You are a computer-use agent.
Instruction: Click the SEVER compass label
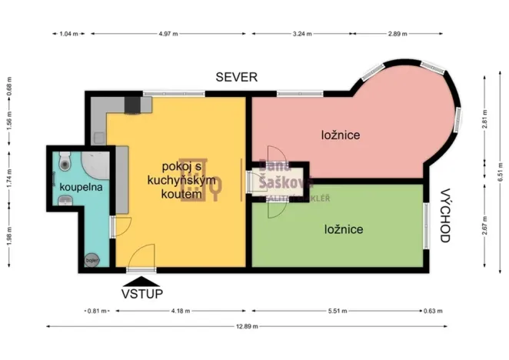(x=236, y=77)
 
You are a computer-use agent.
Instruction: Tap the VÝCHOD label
(x=444, y=215)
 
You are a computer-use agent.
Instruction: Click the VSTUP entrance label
(x=139, y=293)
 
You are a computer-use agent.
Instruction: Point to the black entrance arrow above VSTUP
(x=139, y=280)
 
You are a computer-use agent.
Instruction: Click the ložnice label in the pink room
(x=341, y=135)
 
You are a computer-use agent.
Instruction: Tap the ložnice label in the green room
(x=343, y=229)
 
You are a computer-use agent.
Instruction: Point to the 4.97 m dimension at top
(x=169, y=35)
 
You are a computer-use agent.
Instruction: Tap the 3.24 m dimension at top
(x=302, y=35)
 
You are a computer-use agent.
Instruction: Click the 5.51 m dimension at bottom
(x=338, y=312)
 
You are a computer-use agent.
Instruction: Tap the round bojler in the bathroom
(x=91, y=259)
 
